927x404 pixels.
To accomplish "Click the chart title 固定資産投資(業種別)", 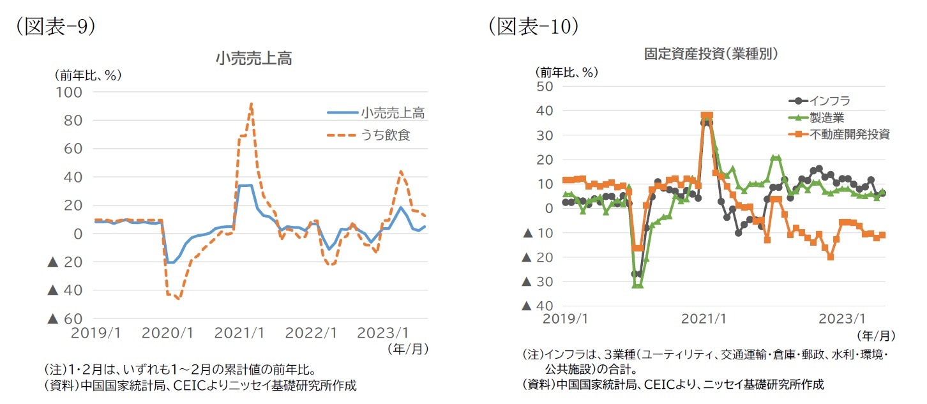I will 711,54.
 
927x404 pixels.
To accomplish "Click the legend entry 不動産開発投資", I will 849,134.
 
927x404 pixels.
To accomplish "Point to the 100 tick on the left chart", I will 72,92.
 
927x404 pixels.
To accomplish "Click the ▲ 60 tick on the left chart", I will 66,318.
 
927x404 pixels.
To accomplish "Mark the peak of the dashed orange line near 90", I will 252,103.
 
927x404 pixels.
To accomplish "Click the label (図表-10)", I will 533,27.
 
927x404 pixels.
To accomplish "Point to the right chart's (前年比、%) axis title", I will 566,72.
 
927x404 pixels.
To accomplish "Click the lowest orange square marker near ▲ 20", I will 830,257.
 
